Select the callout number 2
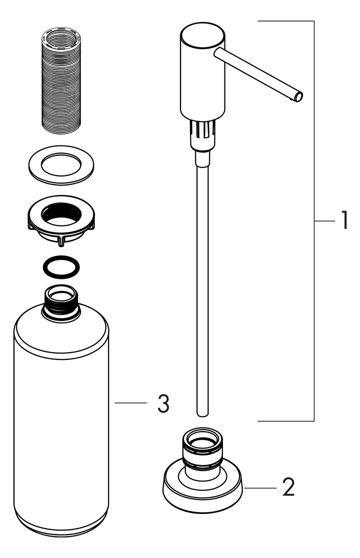pyautogui.click(x=288, y=487)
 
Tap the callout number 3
pyautogui.click(x=163, y=403)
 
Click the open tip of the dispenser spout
pyautogui.click(x=299, y=97)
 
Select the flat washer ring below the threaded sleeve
pyautogui.click(x=61, y=165)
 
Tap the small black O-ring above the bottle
pyautogui.click(x=61, y=267)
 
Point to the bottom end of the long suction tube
pyautogui.click(x=202, y=414)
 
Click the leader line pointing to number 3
pyautogui.click(x=131, y=403)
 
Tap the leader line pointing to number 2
pyautogui.click(x=260, y=488)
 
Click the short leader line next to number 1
pyautogui.click(x=325, y=221)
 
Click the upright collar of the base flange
pyautogui.click(x=202, y=451)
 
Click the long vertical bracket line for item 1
pyautogui.click(x=314, y=221)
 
